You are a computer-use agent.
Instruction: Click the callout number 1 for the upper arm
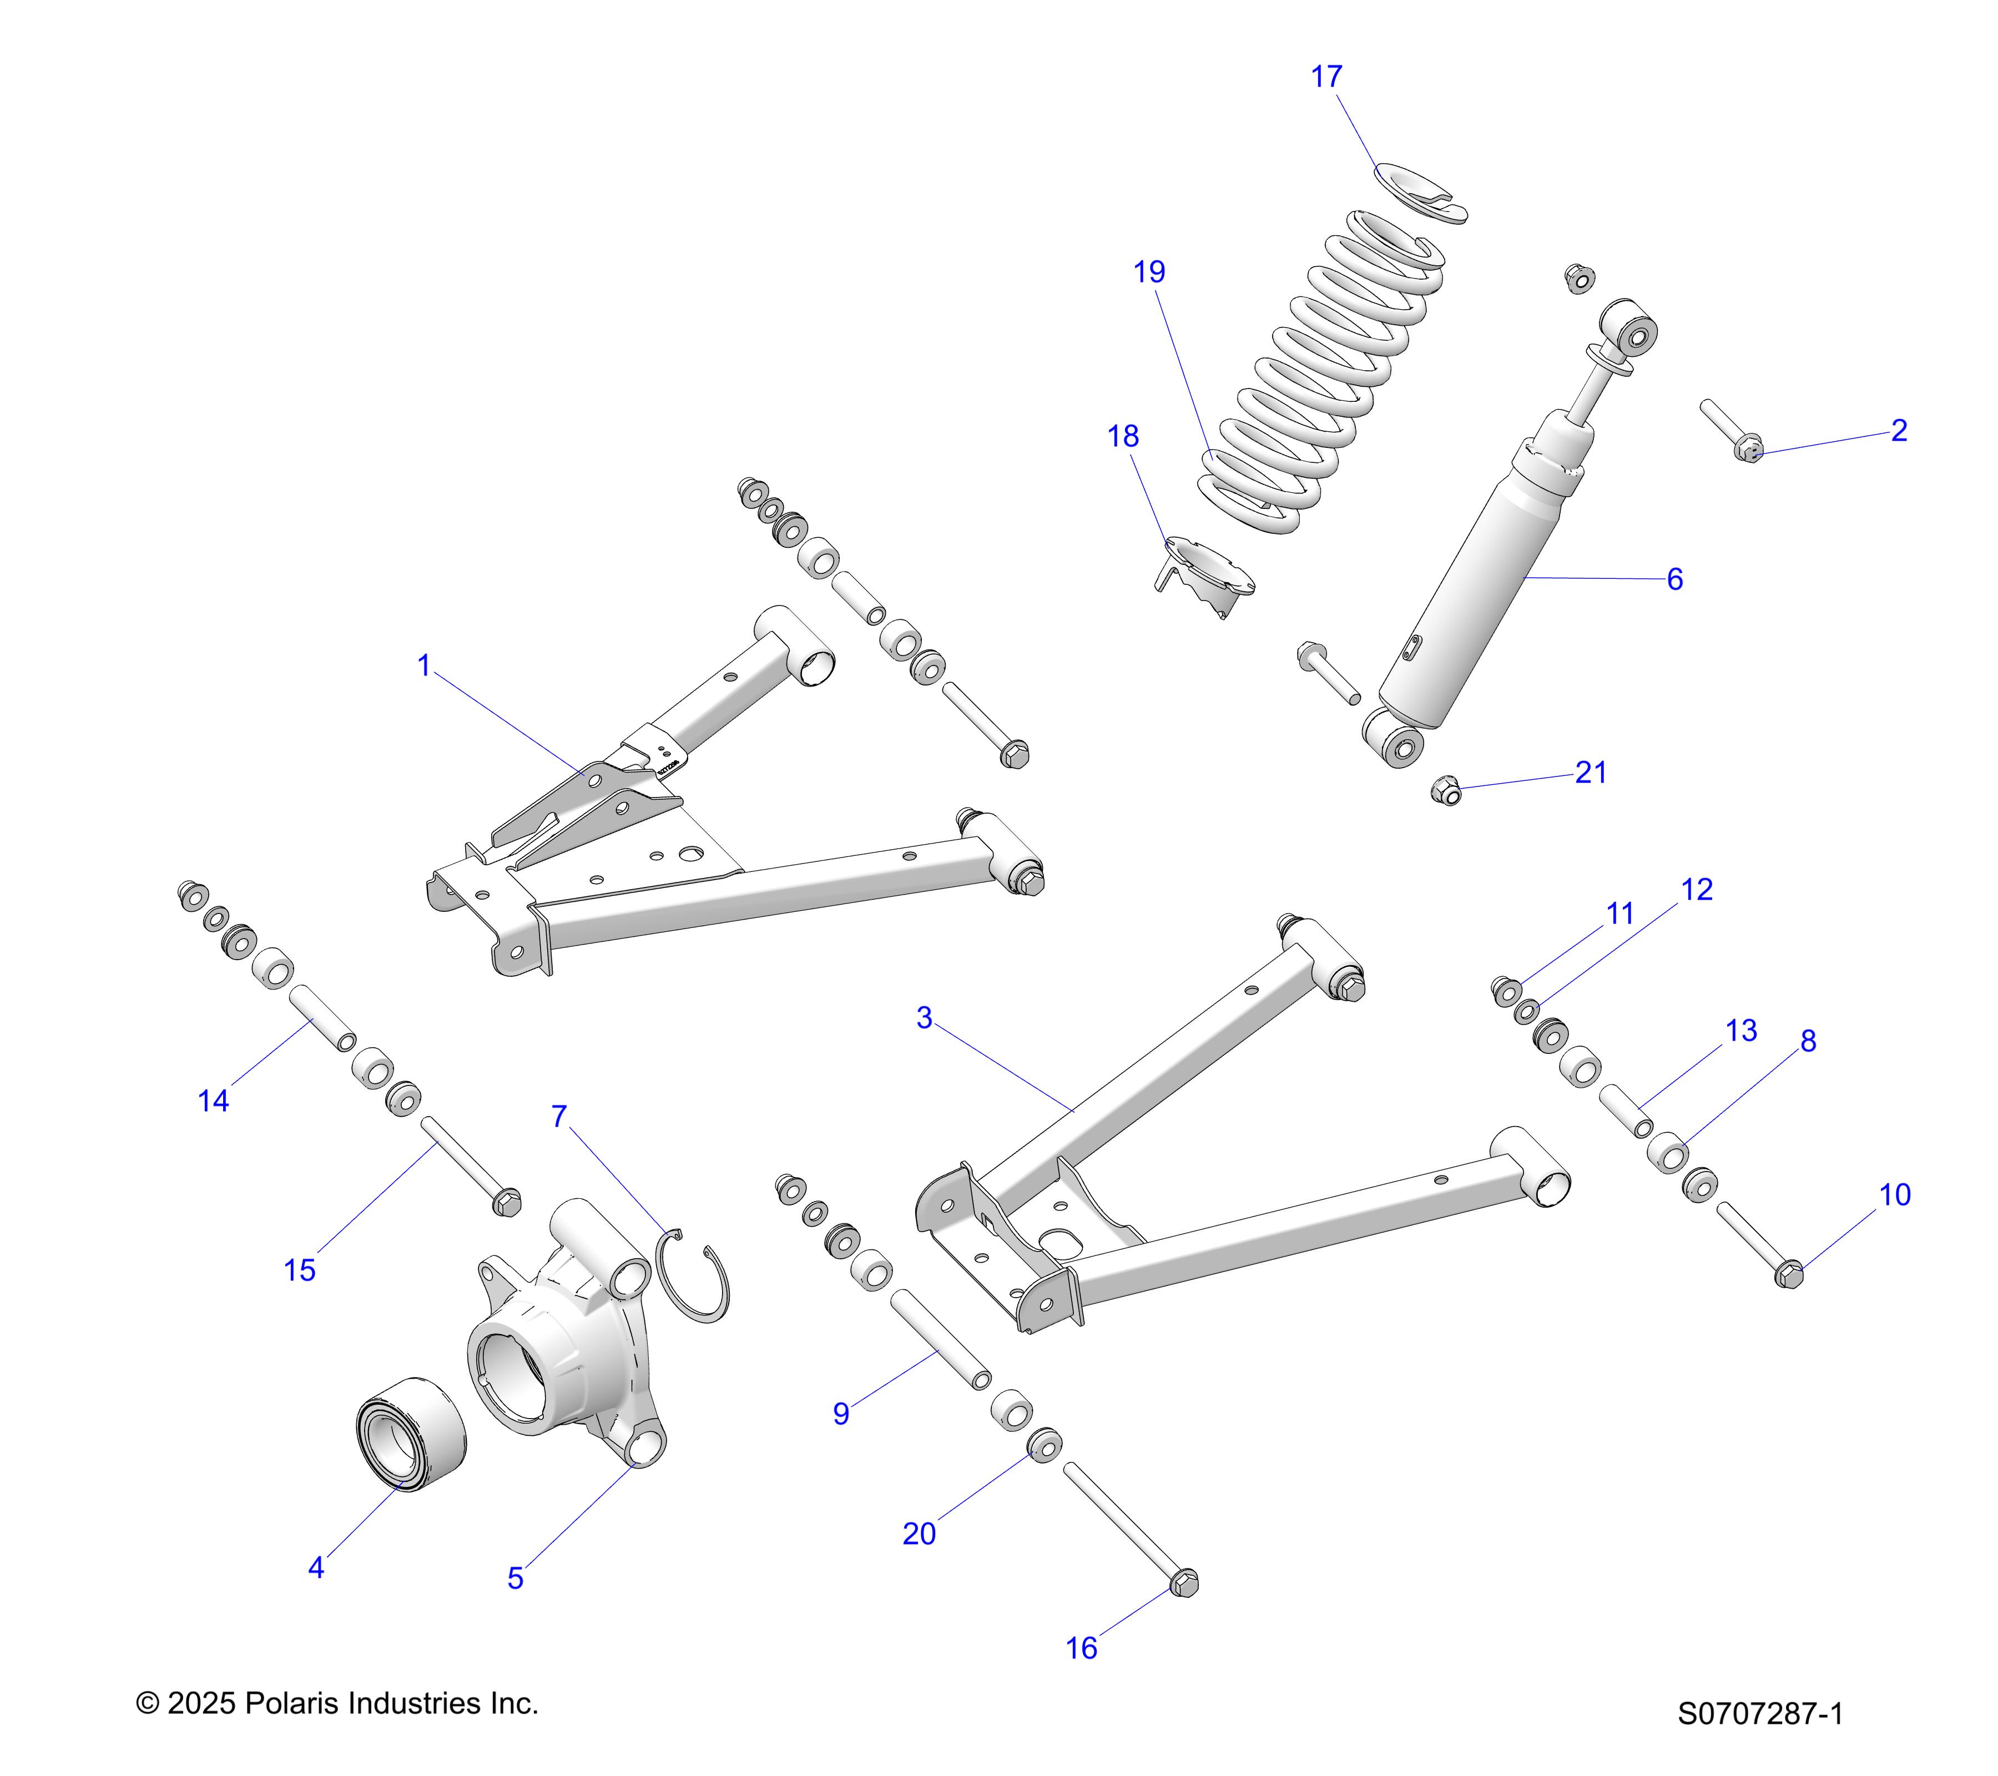click(423, 665)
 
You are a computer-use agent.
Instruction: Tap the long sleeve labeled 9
click(940, 1337)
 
